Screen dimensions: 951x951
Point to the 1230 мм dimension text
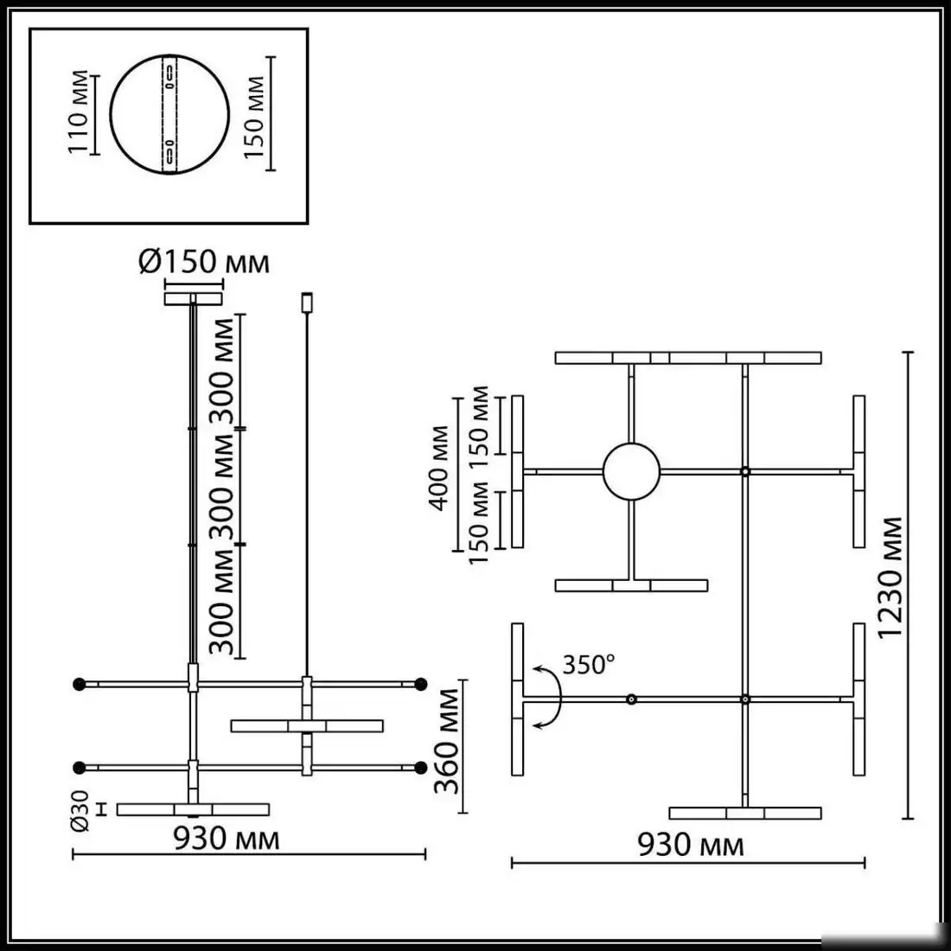[890, 588]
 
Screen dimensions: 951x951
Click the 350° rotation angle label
[589, 664]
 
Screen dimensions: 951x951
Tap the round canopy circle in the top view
[632, 472]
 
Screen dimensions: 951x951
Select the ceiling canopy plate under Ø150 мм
[193, 298]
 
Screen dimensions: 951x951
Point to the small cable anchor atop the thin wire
[304, 303]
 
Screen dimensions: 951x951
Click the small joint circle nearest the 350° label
[632, 699]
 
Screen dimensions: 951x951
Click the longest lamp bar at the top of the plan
[688, 358]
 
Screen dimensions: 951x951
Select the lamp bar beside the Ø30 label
[193, 809]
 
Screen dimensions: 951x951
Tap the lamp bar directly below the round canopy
[632, 585]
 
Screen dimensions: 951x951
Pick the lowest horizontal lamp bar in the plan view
[745, 813]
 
